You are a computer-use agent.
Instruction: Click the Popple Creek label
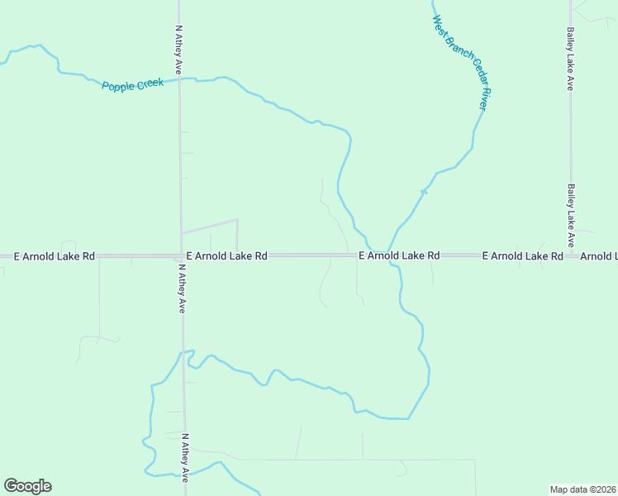(133, 84)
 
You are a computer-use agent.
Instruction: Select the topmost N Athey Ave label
(178, 50)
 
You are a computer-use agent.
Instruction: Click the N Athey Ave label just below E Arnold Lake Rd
(181, 289)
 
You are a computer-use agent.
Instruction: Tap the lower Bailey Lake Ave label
(570, 215)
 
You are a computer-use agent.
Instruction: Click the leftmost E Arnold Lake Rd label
(55, 256)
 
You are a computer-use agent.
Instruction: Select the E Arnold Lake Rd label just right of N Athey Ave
(226, 256)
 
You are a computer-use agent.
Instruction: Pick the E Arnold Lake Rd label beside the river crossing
(399, 256)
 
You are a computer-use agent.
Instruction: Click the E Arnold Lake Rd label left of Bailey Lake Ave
(522, 256)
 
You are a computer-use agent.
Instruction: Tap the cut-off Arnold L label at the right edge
(598, 256)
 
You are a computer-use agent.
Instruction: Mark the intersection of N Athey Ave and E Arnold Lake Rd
(181, 255)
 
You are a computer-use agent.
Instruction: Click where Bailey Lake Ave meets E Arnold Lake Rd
(571, 255)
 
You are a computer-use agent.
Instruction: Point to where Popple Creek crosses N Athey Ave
(180, 79)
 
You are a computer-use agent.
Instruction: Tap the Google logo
(27, 486)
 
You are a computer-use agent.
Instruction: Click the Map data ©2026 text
(583, 489)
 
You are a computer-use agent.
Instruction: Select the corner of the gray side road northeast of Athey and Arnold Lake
(237, 220)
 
